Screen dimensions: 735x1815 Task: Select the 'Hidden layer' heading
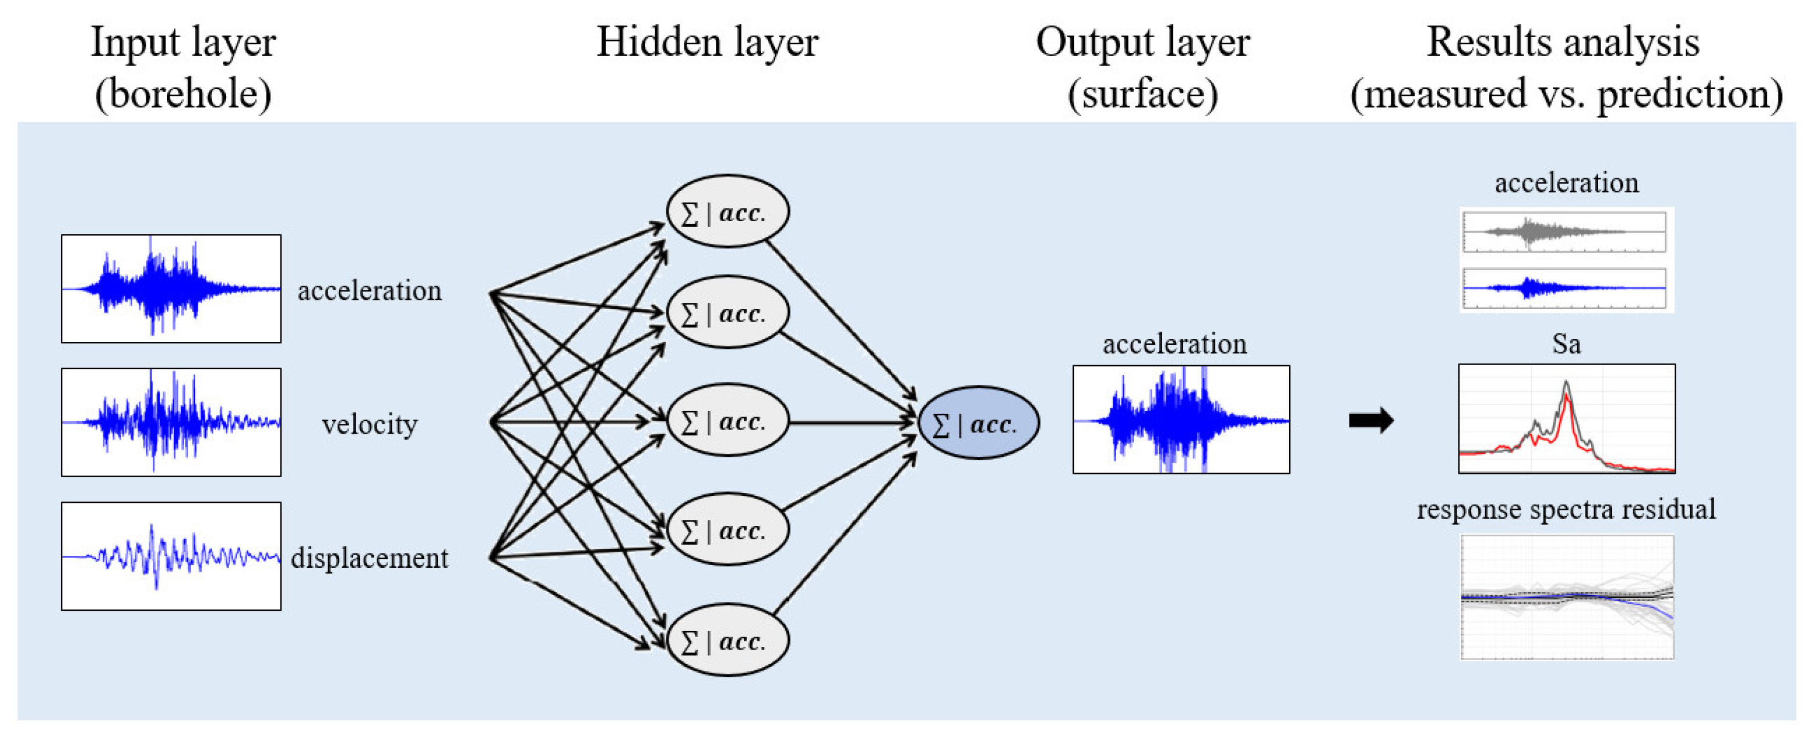point(707,42)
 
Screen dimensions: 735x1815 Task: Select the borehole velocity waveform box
point(171,422)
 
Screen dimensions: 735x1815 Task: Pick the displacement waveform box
point(171,556)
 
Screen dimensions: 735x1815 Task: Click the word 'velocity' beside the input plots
point(369,424)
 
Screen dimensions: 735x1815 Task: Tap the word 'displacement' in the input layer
point(369,558)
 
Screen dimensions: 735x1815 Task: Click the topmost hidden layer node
point(727,211)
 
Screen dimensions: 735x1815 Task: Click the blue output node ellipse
point(978,423)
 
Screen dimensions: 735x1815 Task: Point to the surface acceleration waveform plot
point(1181,419)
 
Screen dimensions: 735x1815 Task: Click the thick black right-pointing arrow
point(1370,421)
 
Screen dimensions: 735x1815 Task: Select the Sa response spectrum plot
point(1566,419)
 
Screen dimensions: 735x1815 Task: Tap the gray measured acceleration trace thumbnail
point(1564,231)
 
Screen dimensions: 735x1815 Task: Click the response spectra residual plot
point(1566,597)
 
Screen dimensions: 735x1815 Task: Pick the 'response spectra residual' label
point(1565,509)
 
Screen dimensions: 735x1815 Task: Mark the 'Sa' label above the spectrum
point(1565,344)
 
